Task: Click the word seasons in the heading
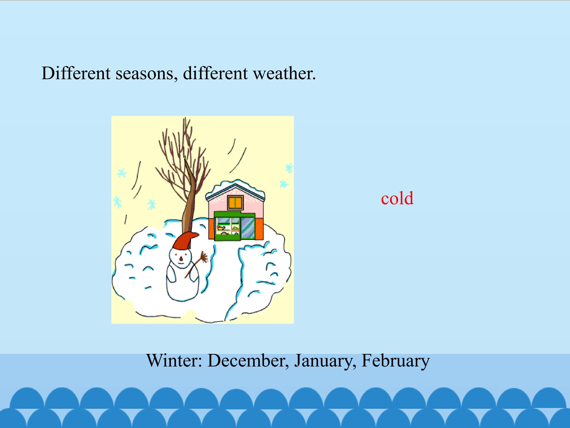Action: click(147, 74)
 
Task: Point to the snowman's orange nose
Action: click(181, 258)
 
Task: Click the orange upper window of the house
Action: click(235, 203)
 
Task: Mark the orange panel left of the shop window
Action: click(211, 228)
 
